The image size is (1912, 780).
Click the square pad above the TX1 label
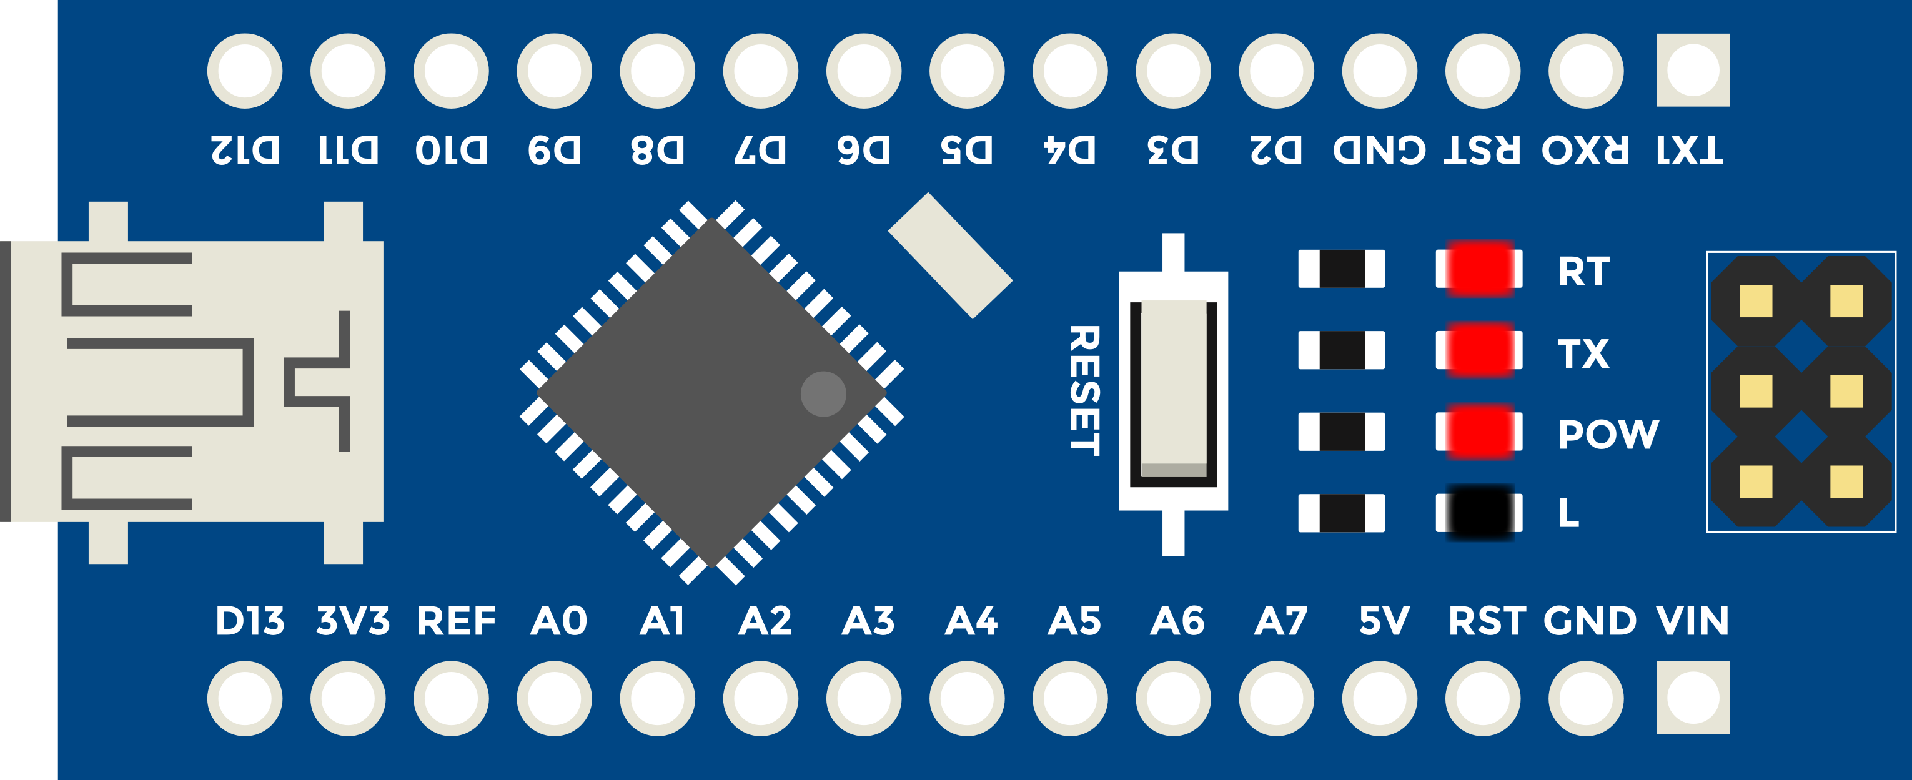[1693, 71]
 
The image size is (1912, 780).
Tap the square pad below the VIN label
[1693, 698]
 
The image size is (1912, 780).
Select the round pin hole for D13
[245, 698]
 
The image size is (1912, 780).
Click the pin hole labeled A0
[555, 698]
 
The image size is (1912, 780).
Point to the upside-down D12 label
[245, 150]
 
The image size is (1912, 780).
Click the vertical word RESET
[1084, 390]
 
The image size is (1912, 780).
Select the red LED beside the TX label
[1480, 350]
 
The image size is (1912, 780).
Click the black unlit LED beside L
[1480, 512]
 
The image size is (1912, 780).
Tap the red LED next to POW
[1480, 431]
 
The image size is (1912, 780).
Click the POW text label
[1608, 433]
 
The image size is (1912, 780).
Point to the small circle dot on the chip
[823, 393]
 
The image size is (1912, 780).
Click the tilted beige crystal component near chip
[950, 256]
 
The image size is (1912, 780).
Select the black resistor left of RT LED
[1341, 269]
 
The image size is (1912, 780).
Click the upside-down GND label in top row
[1380, 150]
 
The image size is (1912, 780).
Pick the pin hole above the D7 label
[761, 71]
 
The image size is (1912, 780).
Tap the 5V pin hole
[1380, 698]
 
